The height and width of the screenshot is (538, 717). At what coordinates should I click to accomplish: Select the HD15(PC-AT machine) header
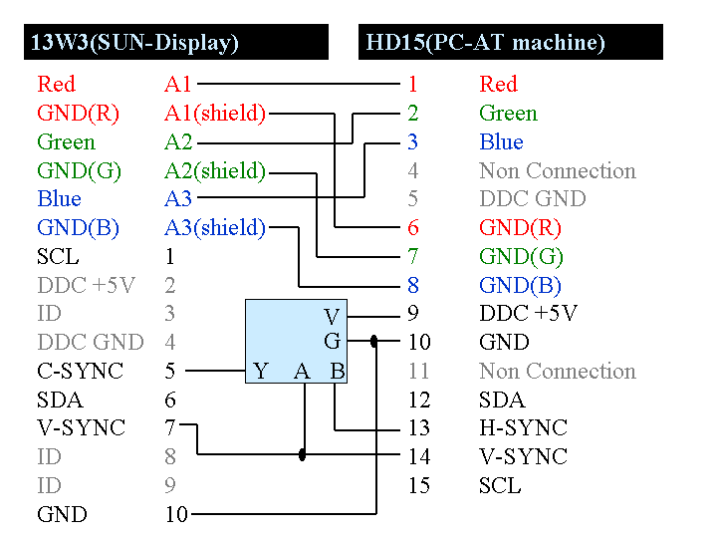486,43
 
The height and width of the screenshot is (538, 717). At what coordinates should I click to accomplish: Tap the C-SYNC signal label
80,372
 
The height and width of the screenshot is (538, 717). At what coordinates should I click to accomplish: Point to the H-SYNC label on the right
523,428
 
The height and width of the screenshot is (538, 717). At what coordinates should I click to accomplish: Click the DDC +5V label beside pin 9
528,313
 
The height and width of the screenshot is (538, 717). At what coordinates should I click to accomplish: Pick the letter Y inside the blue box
261,373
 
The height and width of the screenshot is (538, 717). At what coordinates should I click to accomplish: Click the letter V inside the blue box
333,318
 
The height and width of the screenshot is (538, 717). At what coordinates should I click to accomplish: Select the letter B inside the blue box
338,373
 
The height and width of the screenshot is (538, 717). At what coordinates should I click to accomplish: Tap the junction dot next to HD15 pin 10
374,342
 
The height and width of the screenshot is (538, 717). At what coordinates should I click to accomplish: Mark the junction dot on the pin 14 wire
303,455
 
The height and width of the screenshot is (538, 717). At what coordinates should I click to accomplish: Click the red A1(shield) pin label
215,114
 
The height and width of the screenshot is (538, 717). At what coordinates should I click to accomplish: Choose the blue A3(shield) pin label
215,228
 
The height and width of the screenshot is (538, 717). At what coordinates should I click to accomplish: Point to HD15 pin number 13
419,428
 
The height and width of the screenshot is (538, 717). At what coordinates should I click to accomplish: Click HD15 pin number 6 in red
413,228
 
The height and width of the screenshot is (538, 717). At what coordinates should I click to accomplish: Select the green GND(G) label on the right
521,257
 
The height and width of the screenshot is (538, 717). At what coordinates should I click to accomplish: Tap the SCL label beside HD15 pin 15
500,486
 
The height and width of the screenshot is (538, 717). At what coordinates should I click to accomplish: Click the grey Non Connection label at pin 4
557,171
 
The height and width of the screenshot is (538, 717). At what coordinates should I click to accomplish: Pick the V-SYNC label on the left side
81,428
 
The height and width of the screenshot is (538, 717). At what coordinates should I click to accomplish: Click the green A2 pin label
178,142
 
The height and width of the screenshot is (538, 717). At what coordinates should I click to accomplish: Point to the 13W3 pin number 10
176,515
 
